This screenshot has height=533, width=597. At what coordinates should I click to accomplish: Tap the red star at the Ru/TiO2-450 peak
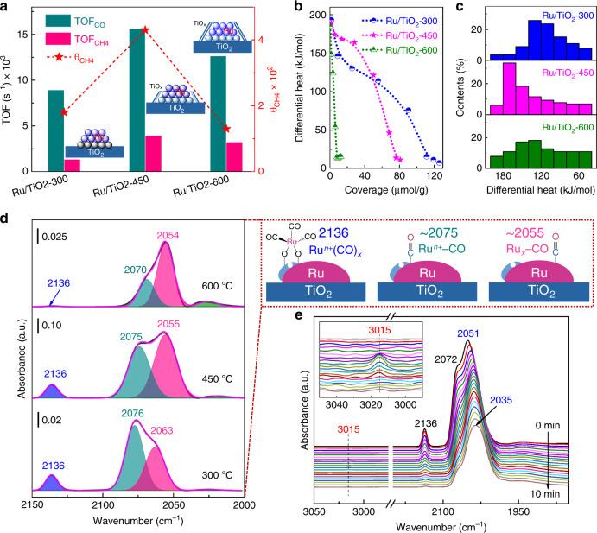[x=145, y=29]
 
